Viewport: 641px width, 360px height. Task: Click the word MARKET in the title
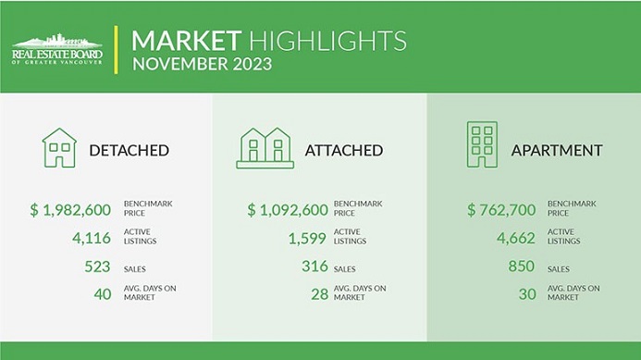(x=186, y=41)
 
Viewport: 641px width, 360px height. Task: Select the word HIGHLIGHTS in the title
(x=327, y=41)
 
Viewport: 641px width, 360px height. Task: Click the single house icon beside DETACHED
(x=59, y=147)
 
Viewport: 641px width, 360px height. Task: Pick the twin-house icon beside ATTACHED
(x=265, y=148)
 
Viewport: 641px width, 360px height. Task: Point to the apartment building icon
(x=482, y=145)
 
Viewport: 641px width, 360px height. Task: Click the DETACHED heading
(x=129, y=150)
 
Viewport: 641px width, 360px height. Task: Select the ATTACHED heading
(x=344, y=150)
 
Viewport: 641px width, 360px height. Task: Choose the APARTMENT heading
(x=559, y=150)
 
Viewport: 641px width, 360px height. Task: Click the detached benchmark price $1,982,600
(x=70, y=209)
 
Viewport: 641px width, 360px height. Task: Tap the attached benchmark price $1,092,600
(x=288, y=209)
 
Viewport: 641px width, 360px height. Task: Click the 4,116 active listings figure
(x=92, y=239)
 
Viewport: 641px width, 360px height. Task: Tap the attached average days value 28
(x=319, y=293)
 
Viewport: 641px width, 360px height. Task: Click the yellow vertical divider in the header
(x=117, y=52)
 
